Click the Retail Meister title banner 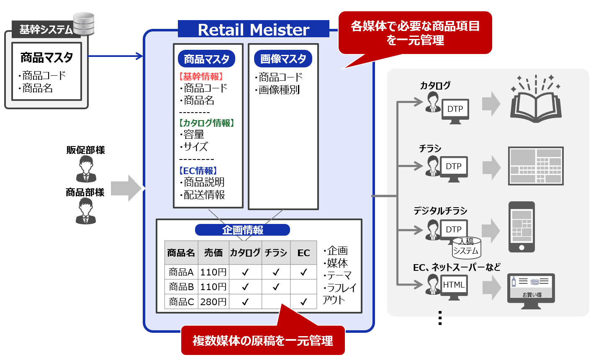tap(253, 29)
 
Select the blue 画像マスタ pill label tap(283, 59)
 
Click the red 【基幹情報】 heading tap(201, 77)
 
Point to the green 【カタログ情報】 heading tap(206, 123)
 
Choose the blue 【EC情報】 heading tap(198, 171)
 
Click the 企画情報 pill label tap(242, 230)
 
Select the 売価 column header tap(213, 253)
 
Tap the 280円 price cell tap(213, 301)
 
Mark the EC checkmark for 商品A tap(303, 273)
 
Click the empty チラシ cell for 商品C tap(276, 301)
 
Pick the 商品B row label tap(181, 287)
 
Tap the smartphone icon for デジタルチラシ tap(521, 227)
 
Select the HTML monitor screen tap(454, 285)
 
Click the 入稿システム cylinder tap(466, 247)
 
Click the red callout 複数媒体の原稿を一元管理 tap(263, 340)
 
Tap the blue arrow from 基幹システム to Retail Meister tap(116, 56)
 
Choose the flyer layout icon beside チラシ tap(535, 166)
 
